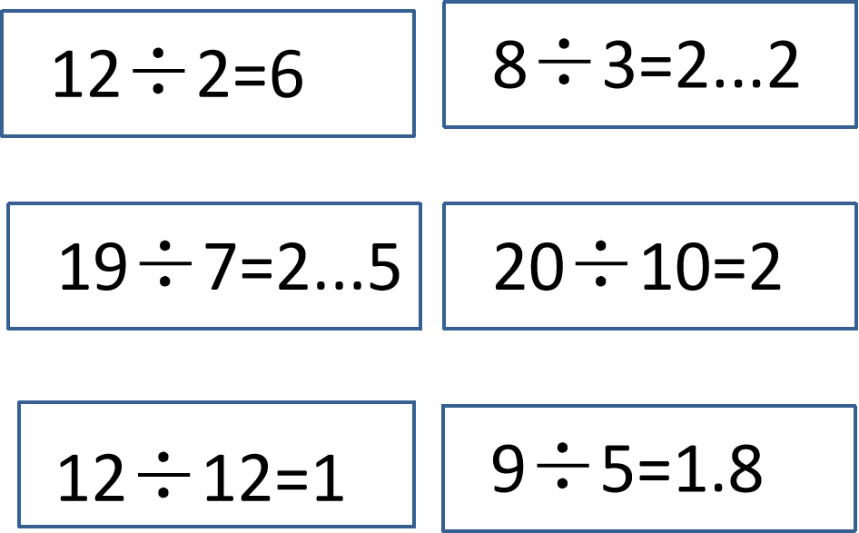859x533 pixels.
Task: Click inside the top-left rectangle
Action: [x=208, y=74]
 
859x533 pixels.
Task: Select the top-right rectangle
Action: [x=650, y=64]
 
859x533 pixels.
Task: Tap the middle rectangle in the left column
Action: [x=214, y=265]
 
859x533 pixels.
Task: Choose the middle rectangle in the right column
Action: [x=650, y=265]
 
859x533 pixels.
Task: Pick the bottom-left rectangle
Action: [x=216, y=464]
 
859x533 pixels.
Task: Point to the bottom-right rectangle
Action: [x=650, y=468]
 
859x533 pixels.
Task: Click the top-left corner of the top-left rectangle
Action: [x=3, y=12]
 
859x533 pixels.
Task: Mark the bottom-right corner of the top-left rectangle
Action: [x=414, y=136]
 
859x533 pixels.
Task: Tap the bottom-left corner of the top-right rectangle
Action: [x=444, y=126]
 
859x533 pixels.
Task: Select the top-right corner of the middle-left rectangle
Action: [x=420, y=203]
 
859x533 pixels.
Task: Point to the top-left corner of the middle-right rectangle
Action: [x=444, y=203]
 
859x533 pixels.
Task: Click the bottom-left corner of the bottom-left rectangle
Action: [x=19, y=526]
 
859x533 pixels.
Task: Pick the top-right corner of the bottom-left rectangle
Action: [x=414, y=402]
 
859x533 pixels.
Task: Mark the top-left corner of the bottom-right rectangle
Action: [x=443, y=406]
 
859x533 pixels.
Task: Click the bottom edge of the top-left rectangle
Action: [x=208, y=136]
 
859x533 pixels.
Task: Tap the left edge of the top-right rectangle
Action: [x=444, y=64]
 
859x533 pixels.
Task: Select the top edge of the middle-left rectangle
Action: [x=214, y=203]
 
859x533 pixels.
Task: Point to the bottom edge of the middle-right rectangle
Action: [x=650, y=328]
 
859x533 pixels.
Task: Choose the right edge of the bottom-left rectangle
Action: [x=414, y=464]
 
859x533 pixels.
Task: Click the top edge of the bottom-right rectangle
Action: [x=650, y=406]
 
